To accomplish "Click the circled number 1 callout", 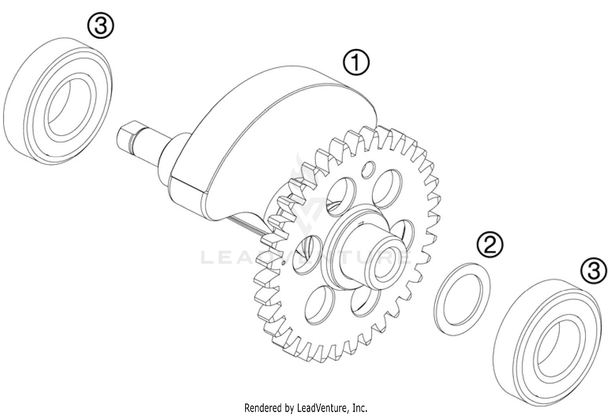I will [356, 63].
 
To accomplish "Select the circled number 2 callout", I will [490, 245].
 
